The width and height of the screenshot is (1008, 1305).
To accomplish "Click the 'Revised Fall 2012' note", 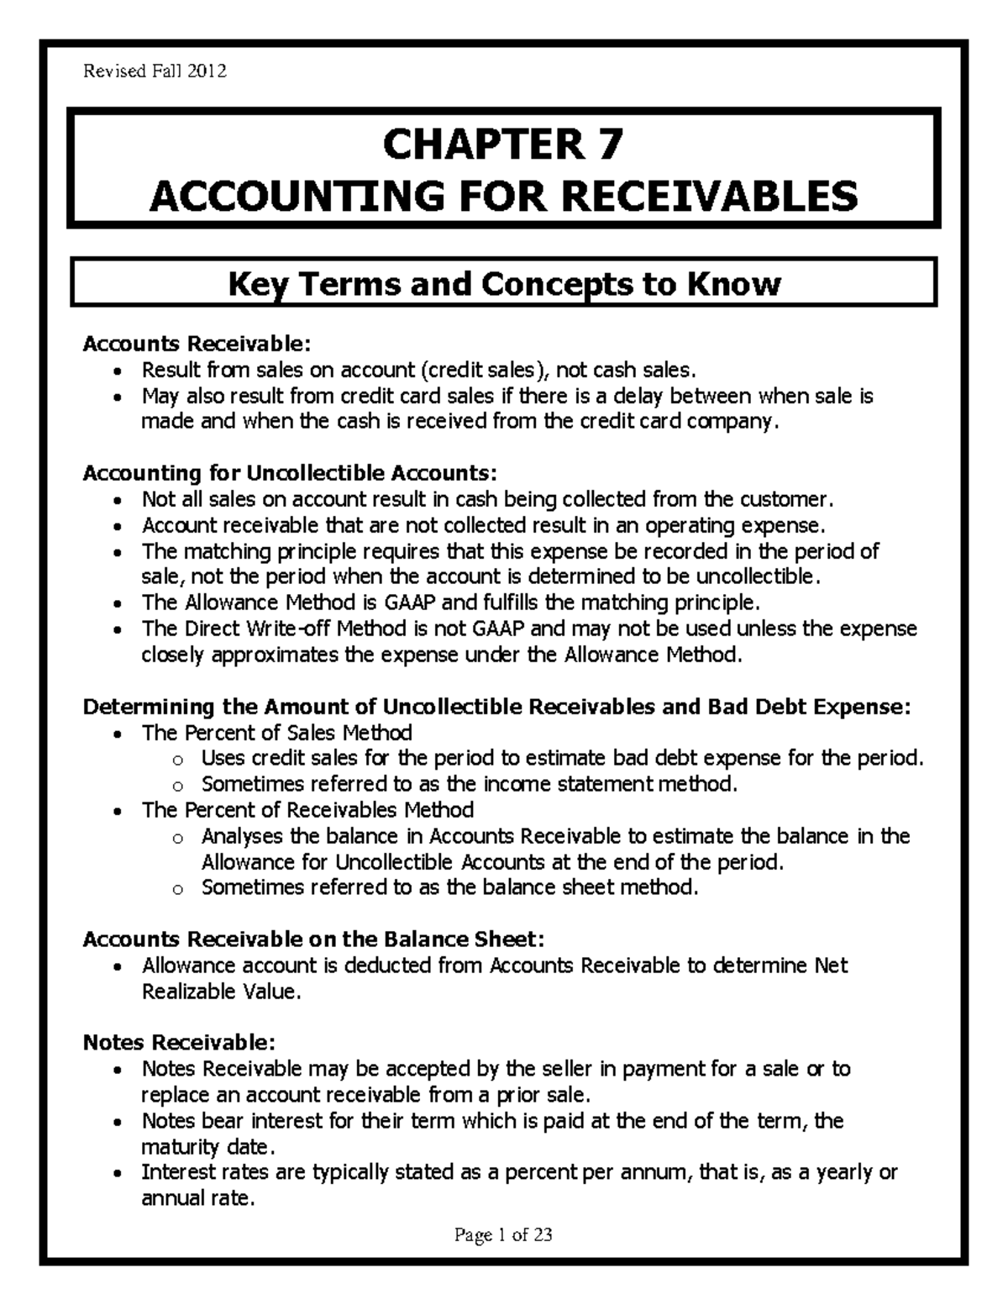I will point(154,71).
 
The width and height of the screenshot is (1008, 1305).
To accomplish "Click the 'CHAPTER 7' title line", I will point(503,145).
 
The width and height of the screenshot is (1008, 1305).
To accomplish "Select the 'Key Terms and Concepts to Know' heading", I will point(505,284).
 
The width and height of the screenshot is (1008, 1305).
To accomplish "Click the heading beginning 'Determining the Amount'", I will point(496,706).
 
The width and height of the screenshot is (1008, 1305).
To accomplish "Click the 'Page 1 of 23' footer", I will point(503,1234).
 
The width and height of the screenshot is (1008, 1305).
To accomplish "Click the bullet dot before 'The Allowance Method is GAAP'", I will point(122,603).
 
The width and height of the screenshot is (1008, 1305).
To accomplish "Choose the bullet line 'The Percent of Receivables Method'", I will point(307,810).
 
